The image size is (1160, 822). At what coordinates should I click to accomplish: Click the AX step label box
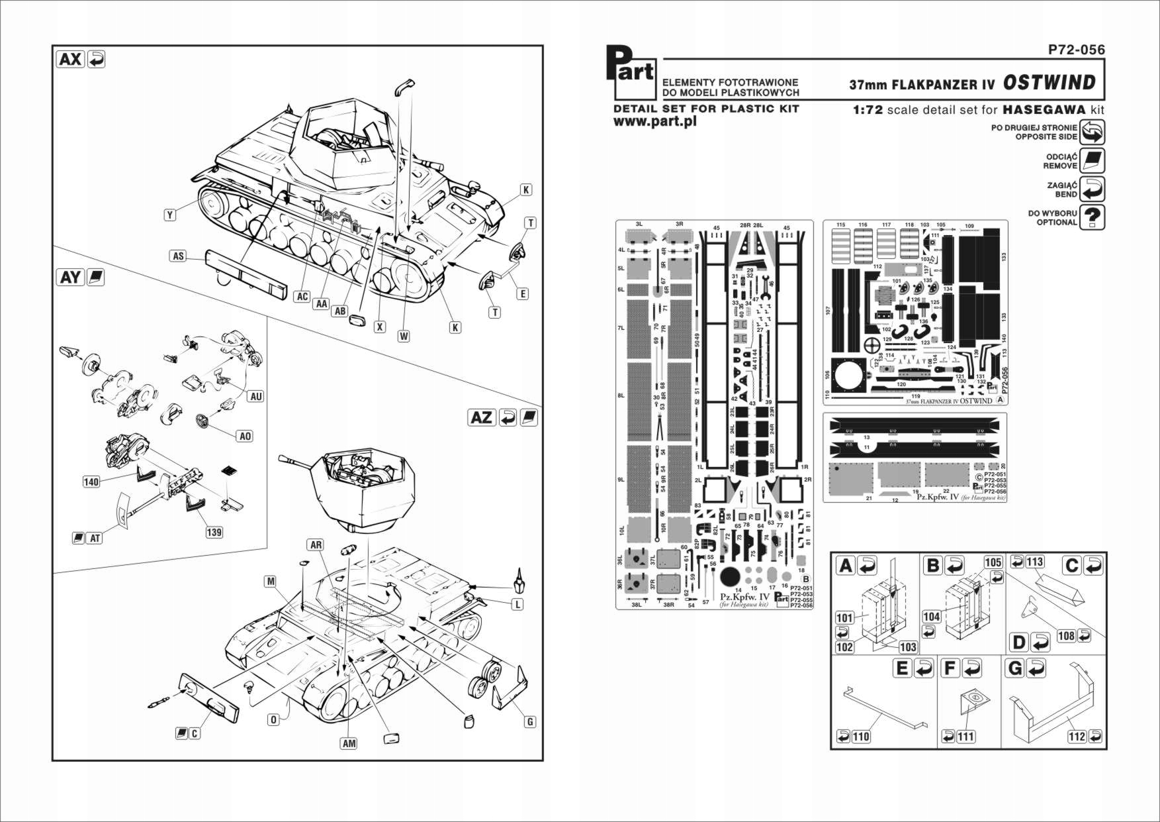point(70,59)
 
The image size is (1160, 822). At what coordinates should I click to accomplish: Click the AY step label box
point(70,277)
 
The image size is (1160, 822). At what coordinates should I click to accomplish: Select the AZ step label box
point(482,417)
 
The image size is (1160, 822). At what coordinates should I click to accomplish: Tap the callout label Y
point(170,215)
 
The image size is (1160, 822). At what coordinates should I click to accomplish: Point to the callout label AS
point(178,256)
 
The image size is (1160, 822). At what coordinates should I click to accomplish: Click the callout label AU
point(255,396)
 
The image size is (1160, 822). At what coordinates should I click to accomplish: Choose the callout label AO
point(245,436)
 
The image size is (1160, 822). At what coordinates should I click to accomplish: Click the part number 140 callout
point(91,482)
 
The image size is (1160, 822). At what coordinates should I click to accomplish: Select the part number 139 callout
point(214,532)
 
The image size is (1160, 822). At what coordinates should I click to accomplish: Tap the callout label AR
point(316,544)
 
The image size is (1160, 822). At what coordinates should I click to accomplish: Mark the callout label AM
point(349,743)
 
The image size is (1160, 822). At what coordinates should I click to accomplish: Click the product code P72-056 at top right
point(1076,50)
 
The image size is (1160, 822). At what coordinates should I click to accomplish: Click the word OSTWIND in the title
point(1049,83)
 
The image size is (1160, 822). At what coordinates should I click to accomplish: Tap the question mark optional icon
point(1093,217)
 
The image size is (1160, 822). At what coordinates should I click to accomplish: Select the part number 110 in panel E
point(861,737)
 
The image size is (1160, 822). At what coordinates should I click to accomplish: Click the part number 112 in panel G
point(1076,737)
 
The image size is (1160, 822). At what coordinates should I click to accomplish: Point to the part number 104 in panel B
point(931,617)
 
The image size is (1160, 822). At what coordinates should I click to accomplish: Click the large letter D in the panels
point(1019,642)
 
